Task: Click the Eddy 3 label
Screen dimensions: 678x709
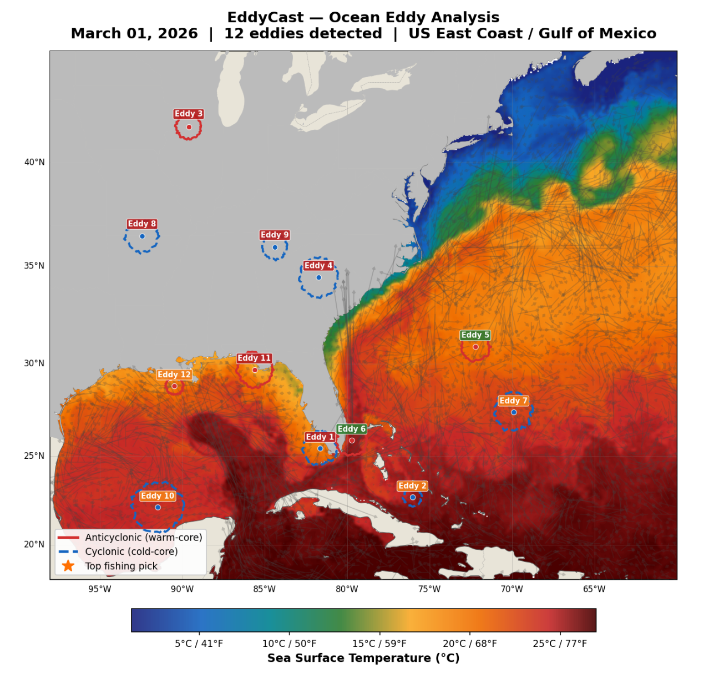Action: (189, 114)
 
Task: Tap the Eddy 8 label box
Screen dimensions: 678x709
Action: (142, 224)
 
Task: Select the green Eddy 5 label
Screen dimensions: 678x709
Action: (475, 335)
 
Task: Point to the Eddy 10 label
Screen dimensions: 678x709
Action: (158, 496)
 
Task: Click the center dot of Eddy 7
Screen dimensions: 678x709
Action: (514, 412)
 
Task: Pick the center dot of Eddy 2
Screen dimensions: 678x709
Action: (413, 497)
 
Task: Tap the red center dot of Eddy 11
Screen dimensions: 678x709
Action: (255, 370)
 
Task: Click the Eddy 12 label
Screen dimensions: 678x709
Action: (174, 375)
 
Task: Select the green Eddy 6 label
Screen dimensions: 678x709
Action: (352, 429)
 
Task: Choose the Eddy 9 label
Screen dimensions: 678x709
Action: (275, 235)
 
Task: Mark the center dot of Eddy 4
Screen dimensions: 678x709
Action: (319, 277)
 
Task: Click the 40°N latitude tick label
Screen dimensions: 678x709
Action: (34, 162)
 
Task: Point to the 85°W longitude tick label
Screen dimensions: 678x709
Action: (265, 589)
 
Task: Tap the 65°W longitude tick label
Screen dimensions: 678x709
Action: (594, 589)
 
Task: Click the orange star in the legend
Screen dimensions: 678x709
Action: (68, 566)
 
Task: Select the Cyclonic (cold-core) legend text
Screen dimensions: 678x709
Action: (131, 551)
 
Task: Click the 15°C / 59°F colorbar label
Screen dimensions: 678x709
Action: (379, 644)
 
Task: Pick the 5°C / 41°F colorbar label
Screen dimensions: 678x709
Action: (199, 644)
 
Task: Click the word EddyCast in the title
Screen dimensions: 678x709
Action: (265, 18)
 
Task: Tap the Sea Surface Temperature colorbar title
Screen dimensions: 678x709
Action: (363, 658)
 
